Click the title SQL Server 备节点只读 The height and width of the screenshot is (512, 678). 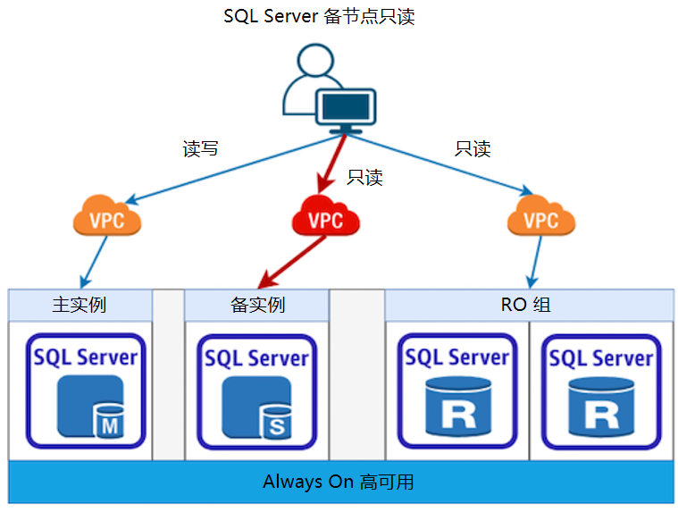pyautogui.click(x=319, y=16)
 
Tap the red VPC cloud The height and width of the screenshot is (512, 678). pyautogui.click(x=325, y=217)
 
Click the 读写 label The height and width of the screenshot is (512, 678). pyautogui.click(x=200, y=149)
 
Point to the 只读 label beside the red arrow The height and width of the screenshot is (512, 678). pyautogui.click(x=364, y=177)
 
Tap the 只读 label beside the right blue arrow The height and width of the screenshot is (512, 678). pyautogui.click(x=473, y=149)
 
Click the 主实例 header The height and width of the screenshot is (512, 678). pyautogui.click(x=80, y=305)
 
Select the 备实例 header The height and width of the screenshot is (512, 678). pyautogui.click(x=257, y=305)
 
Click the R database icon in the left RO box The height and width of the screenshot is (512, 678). pyautogui.click(x=457, y=407)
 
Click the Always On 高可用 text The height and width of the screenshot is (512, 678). pyautogui.click(x=339, y=483)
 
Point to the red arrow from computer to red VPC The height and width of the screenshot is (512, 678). pyautogui.click(x=331, y=165)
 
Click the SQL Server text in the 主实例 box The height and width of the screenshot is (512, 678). pyautogui.click(x=86, y=357)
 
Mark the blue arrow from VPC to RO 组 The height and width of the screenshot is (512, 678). pyautogui.click(x=534, y=262)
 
